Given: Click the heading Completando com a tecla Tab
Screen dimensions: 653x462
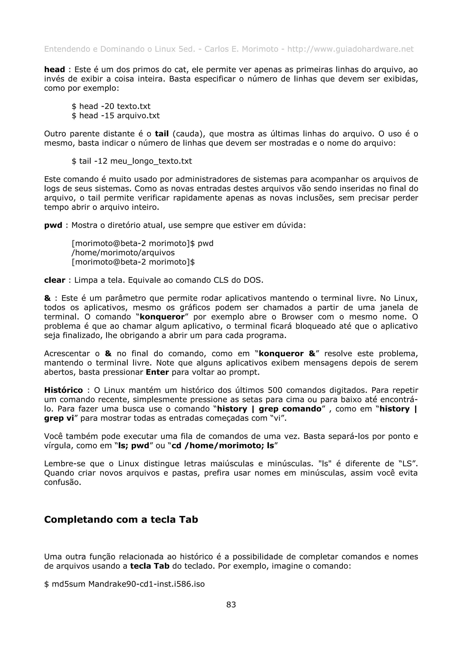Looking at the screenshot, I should pyautogui.click(x=121, y=519).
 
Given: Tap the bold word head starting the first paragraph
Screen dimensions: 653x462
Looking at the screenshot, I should pyautogui.click(x=55, y=69).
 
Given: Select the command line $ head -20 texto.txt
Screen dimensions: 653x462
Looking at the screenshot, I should pyautogui.click(x=111, y=106).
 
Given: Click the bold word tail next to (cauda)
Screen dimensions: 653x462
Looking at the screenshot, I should pyautogui.click(x=162, y=134).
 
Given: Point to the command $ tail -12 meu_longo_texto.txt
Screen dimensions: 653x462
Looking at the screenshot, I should pyautogui.click(x=132, y=161).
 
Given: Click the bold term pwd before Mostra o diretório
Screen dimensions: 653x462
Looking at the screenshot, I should pyautogui.click(x=53, y=225).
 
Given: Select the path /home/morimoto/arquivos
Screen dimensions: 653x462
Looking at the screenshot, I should pyautogui.click(x=123, y=253).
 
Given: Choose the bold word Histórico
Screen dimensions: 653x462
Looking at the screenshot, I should pyautogui.click(x=63, y=390).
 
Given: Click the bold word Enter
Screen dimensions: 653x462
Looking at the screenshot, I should pyautogui.click(x=157, y=372).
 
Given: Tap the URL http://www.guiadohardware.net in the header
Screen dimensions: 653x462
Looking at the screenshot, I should pyautogui.click(x=350, y=49).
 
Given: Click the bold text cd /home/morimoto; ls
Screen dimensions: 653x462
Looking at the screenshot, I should pyautogui.click(x=223, y=445).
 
